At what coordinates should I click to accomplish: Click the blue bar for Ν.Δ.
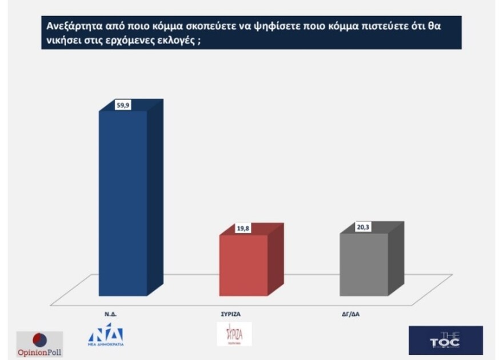click(123, 206)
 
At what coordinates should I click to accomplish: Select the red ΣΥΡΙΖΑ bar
click(244, 266)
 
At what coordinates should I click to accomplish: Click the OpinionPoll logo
click(39, 343)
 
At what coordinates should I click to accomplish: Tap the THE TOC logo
click(445, 341)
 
